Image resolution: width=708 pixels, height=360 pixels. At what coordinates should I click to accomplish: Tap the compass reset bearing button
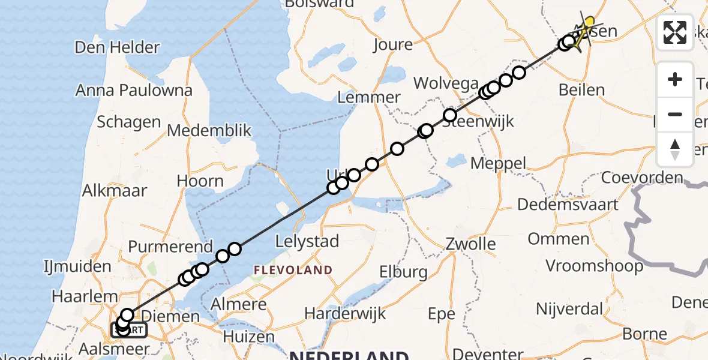click(675, 149)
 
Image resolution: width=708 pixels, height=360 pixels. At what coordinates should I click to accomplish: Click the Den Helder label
click(118, 47)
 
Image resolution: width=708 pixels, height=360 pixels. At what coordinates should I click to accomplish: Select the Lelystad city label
click(307, 242)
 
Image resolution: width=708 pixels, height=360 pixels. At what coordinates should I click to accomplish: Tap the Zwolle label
click(471, 244)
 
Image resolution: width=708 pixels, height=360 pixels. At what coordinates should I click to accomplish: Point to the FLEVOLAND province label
click(293, 270)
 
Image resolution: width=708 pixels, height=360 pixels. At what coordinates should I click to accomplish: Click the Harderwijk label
click(343, 313)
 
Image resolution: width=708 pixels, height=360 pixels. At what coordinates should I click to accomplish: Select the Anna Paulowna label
click(134, 91)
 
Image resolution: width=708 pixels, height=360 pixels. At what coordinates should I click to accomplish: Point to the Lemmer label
click(370, 97)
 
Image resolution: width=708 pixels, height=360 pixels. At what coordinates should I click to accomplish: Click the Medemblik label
click(209, 131)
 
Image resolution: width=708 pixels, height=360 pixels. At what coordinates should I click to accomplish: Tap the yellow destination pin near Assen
click(589, 23)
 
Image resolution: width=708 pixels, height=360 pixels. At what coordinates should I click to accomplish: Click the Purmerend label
click(170, 247)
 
